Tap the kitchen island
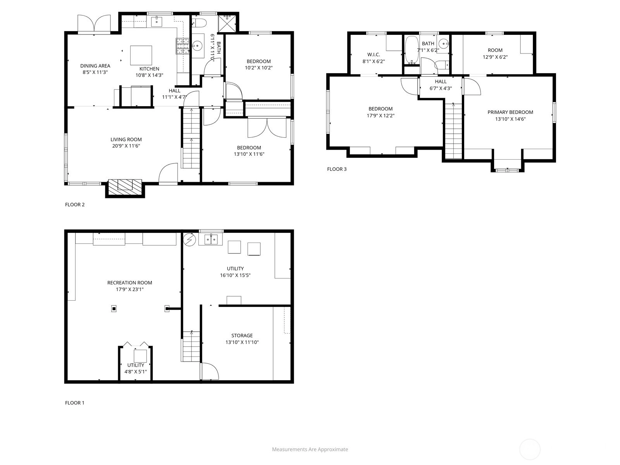(x=141, y=56)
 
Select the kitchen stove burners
(x=183, y=46)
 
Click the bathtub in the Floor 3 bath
(x=412, y=50)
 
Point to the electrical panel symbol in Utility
(x=189, y=240)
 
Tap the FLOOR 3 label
(x=337, y=169)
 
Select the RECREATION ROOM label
(x=130, y=282)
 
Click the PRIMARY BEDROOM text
(x=510, y=112)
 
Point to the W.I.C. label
(x=374, y=55)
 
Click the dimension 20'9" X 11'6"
(x=126, y=146)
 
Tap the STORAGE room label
(x=242, y=336)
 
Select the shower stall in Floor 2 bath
(x=227, y=24)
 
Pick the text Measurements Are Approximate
(x=310, y=449)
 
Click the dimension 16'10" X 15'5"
(x=235, y=275)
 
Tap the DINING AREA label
(x=95, y=66)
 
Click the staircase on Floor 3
(x=453, y=131)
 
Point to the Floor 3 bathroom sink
(x=444, y=43)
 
